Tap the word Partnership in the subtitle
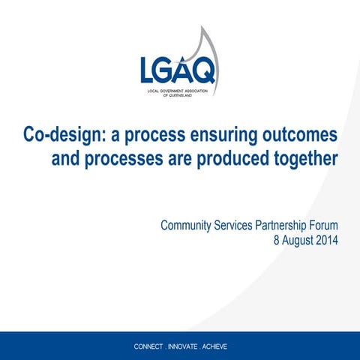pos(289,225)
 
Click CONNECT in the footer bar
pos(151,347)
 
